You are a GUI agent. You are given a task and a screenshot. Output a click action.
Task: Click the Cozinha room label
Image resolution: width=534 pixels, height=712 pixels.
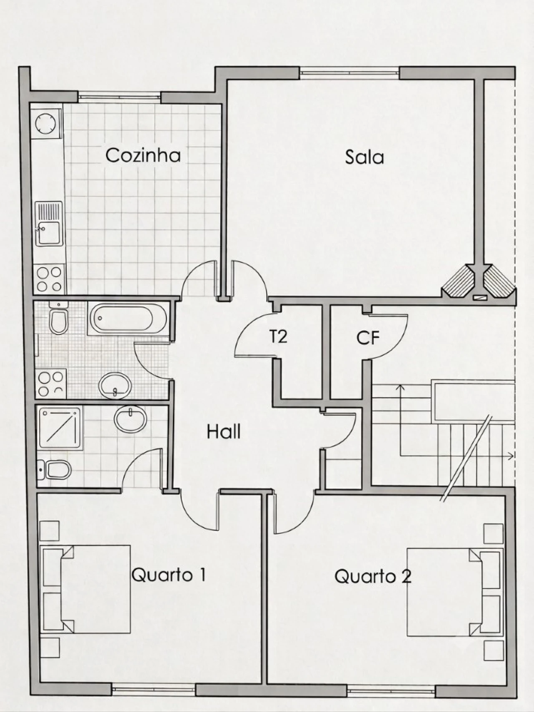pos(143,155)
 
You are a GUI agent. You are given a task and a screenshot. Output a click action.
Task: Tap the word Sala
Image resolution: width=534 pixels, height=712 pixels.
pos(364,157)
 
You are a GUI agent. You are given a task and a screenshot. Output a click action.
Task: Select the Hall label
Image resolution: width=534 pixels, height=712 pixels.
pos(224,431)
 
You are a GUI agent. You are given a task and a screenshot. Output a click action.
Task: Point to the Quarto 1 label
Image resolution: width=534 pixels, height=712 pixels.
pos(169,575)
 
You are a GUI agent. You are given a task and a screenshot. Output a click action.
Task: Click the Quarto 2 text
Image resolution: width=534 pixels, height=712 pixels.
pos(373,576)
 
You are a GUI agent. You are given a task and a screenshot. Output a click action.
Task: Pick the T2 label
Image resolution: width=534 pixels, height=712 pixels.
pos(278,336)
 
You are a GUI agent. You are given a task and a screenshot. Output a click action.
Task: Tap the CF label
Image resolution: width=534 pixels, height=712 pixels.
pos(368,338)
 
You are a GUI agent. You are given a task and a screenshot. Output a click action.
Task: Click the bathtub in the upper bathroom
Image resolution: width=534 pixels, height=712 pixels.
pos(128,318)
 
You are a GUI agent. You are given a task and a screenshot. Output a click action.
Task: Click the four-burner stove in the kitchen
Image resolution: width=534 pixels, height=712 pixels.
pos(50,279)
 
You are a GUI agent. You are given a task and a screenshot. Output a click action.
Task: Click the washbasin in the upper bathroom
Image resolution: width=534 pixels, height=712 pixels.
pos(115,385)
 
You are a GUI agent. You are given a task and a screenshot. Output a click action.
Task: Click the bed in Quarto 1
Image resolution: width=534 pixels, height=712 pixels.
pos(86,589)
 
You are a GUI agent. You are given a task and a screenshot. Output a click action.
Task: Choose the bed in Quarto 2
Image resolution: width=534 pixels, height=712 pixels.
pos(453,592)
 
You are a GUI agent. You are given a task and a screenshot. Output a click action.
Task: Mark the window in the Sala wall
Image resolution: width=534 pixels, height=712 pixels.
pos(350,73)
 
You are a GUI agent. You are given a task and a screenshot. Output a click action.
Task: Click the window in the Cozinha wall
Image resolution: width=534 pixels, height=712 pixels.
pos(119,97)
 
